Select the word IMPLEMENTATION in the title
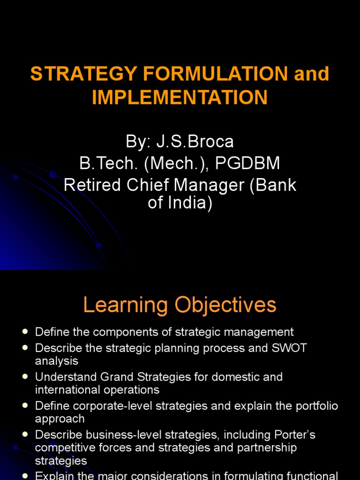[x=180, y=97]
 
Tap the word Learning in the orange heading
[x=125, y=305]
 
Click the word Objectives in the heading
[x=226, y=305]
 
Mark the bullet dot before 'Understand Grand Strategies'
[x=25, y=377]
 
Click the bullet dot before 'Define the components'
[x=25, y=332]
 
